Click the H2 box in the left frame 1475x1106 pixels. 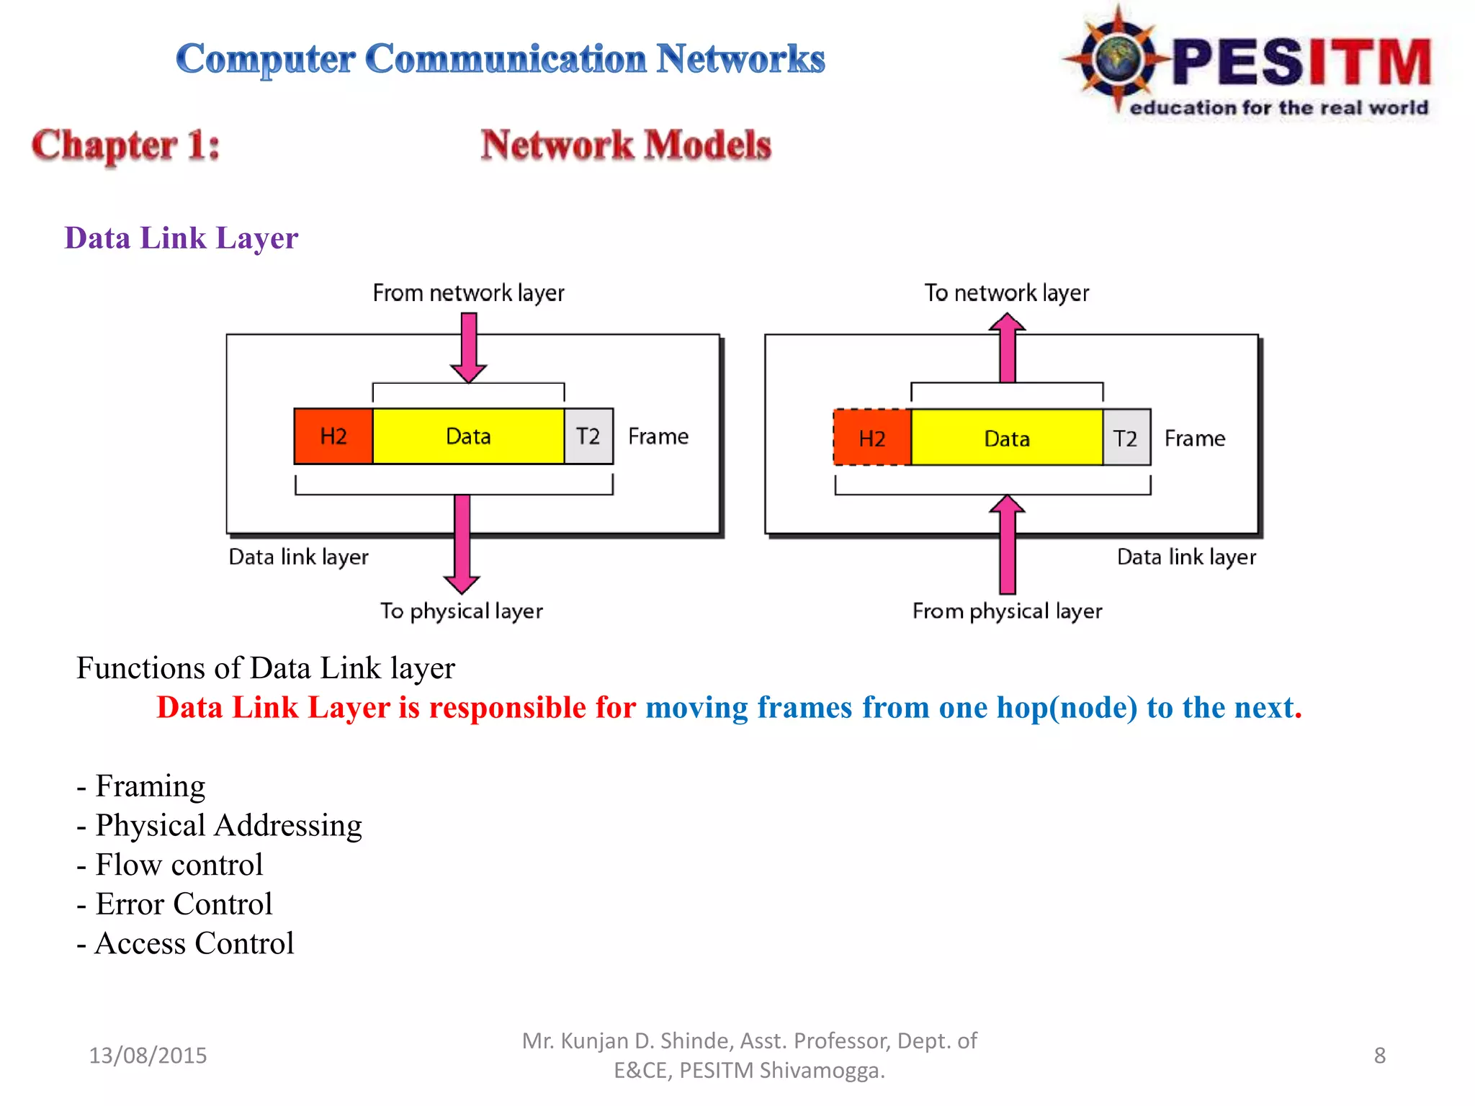coord(333,436)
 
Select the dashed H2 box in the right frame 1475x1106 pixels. coord(872,438)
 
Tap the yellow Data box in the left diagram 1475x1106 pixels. coord(468,436)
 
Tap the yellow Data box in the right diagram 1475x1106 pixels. coord(1007,438)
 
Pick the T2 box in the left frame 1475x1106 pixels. coord(588,436)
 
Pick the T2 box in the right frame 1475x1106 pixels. coord(1126,438)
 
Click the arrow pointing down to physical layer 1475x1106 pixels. coord(462,547)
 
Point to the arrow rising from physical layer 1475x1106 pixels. coord(1007,547)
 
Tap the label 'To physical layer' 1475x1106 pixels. coord(462,611)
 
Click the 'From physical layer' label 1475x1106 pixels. coord(1007,611)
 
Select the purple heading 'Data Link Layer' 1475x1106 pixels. coord(181,238)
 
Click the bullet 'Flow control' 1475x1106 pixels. coord(179,865)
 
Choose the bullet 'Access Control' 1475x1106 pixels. coord(194,943)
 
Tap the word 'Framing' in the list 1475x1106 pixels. coord(150,786)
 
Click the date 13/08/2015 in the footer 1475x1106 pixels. coord(148,1056)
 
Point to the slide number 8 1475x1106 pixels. coord(1379,1056)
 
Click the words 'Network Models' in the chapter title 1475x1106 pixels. coord(626,145)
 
